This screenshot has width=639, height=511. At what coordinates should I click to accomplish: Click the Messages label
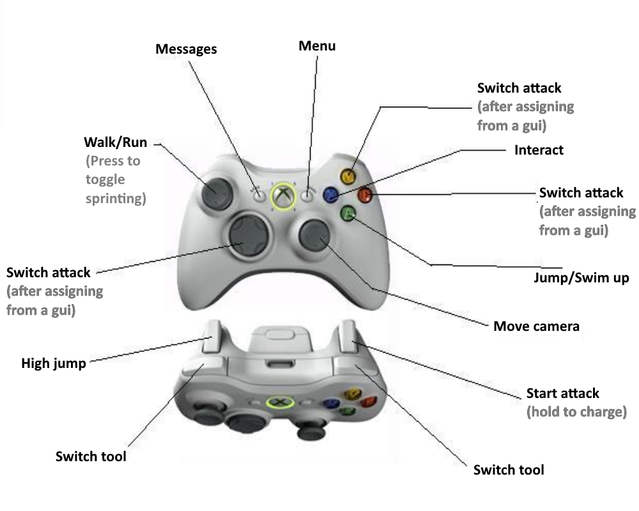[x=187, y=49]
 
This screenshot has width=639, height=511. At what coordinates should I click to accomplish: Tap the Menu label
[x=317, y=46]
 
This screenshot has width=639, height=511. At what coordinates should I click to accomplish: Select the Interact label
[x=539, y=150]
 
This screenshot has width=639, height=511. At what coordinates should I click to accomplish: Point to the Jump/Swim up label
[x=581, y=278]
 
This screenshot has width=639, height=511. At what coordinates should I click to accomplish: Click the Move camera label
[x=536, y=326]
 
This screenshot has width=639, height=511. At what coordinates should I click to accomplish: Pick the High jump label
[x=54, y=364]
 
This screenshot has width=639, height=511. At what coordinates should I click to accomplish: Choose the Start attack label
[x=563, y=393]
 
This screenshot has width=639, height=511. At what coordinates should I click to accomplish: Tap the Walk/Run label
[x=116, y=142]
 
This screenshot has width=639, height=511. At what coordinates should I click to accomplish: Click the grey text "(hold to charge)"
[x=575, y=412]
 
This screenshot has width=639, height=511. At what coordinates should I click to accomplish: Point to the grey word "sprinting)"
[x=116, y=199]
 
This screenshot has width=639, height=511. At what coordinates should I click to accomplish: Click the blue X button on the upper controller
[x=331, y=195]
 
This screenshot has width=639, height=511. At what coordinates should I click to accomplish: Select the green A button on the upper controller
[x=348, y=214]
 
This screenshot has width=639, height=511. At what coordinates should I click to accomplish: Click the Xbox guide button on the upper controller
[x=283, y=195]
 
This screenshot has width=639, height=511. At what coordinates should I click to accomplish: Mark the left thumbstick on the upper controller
[x=215, y=192]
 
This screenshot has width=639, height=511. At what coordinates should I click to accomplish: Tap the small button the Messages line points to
[x=258, y=195]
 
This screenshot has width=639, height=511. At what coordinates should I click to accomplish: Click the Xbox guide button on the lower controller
[x=279, y=402]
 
